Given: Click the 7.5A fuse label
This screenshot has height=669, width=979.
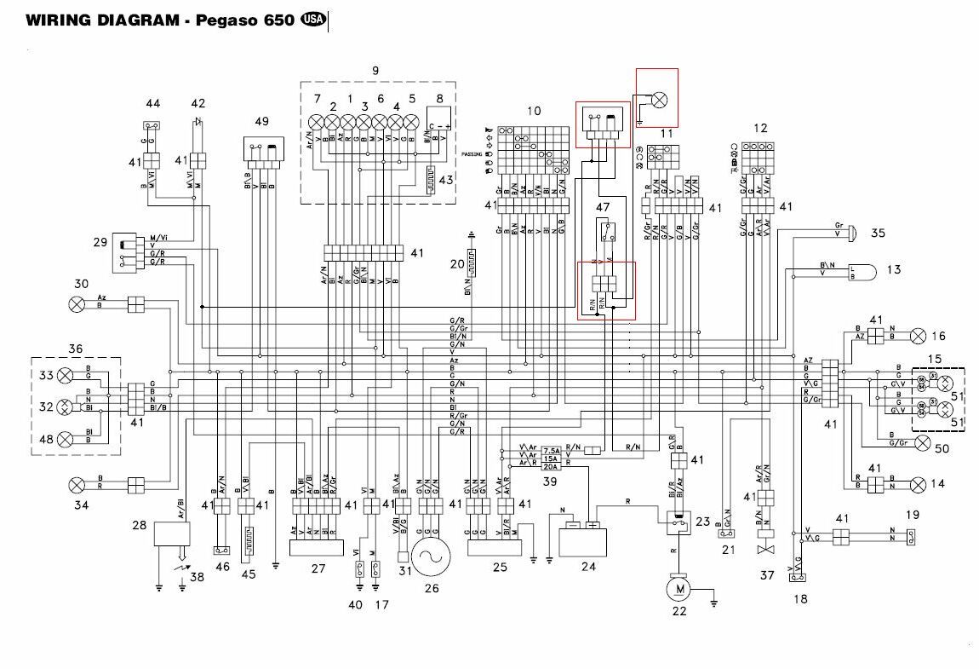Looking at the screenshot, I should click(x=551, y=450).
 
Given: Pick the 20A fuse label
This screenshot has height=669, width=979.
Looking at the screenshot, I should click(x=551, y=467).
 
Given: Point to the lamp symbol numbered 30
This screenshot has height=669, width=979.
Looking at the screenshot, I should click(x=77, y=303).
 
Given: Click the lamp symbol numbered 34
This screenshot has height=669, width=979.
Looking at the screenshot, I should click(x=77, y=485).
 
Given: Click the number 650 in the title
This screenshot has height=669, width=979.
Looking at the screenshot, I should click(x=278, y=20).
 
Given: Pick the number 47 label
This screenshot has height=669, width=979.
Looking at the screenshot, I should click(x=603, y=206).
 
